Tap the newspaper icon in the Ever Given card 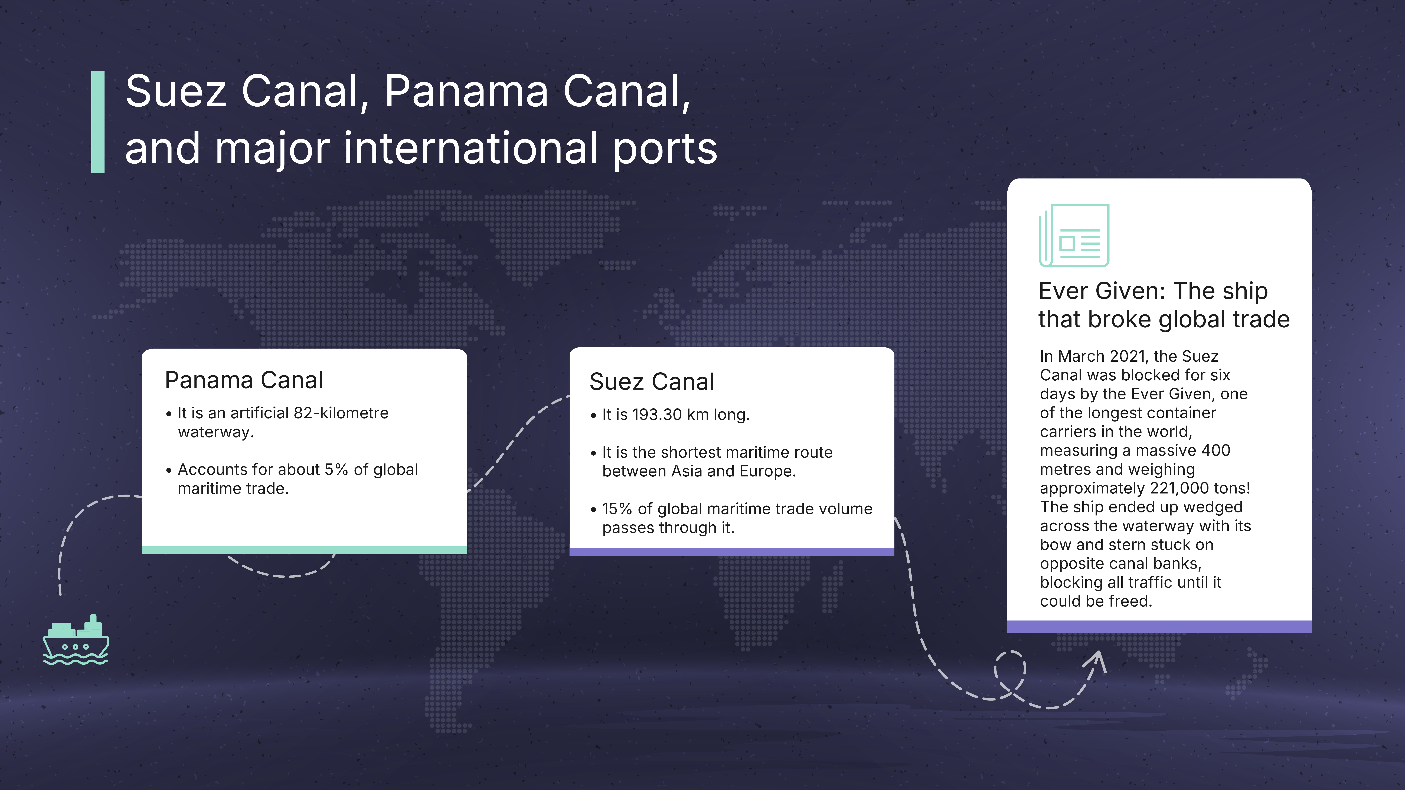(x=1074, y=236)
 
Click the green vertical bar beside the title (x=98, y=122)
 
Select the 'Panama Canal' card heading (x=244, y=380)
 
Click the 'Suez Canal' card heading (x=652, y=382)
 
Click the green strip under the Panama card (x=304, y=550)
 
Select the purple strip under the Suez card (x=732, y=552)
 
